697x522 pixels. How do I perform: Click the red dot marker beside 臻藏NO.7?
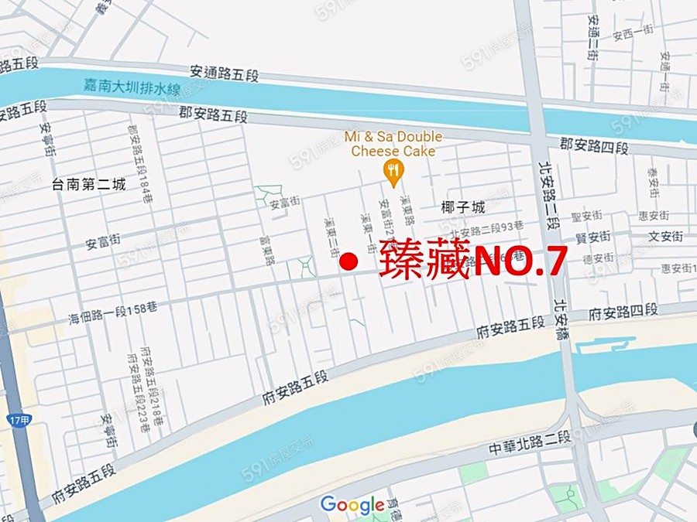(x=350, y=263)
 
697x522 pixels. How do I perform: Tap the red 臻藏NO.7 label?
(x=473, y=263)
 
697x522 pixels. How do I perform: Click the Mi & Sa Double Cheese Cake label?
(x=393, y=145)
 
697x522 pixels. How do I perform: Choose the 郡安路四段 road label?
(x=593, y=145)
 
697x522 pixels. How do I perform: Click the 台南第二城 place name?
(x=88, y=184)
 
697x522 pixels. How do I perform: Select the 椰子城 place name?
(x=462, y=207)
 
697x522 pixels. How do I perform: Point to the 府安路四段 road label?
(x=623, y=312)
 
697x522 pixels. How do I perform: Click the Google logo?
(x=352, y=505)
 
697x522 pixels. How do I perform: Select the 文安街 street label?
(x=665, y=237)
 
